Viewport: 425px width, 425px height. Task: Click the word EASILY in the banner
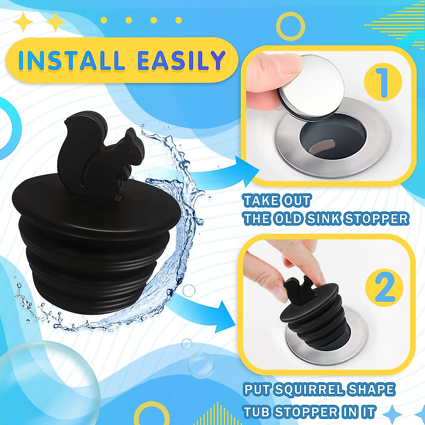coord(181,60)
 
